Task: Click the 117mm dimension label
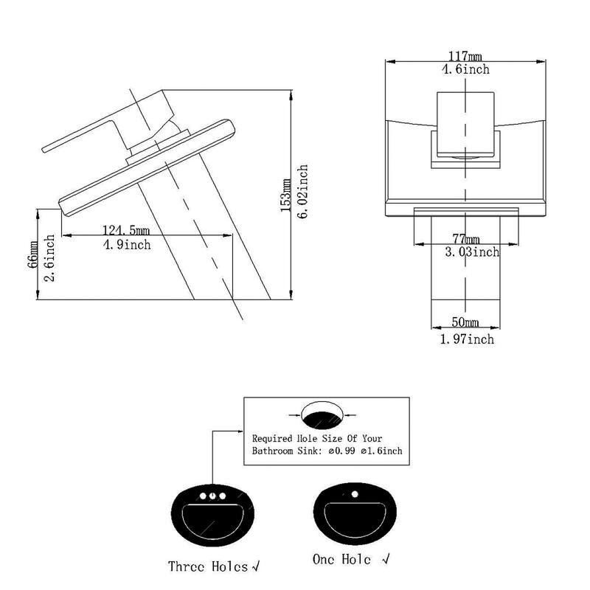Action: pyautogui.click(x=465, y=57)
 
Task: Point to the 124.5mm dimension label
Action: pyautogui.click(x=126, y=231)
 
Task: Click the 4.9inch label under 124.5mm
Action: pyautogui.click(x=127, y=244)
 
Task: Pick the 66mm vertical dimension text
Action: pyautogui.click(x=33, y=254)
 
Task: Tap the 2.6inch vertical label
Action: pyautogui.click(x=50, y=256)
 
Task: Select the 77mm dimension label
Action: pyautogui.click(x=465, y=239)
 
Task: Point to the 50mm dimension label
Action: pyautogui.click(x=465, y=323)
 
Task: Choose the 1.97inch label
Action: pyautogui.click(x=467, y=339)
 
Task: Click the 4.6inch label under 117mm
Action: pyautogui.click(x=465, y=70)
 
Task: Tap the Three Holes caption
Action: pyautogui.click(x=209, y=566)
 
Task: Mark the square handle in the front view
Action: pyautogui.click(x=465, y=123)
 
